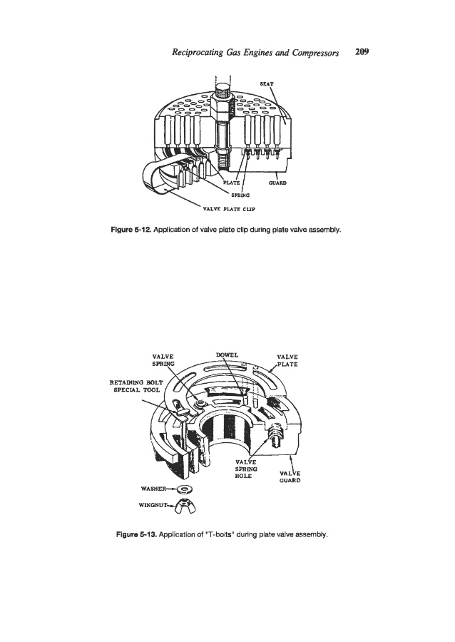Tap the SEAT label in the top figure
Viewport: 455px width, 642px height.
270,83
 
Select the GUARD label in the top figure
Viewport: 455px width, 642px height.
277,183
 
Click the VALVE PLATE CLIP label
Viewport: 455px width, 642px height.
225,209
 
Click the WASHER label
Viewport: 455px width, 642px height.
159,489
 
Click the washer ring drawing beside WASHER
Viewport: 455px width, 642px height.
189,490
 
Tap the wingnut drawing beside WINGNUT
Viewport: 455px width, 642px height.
193,508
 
